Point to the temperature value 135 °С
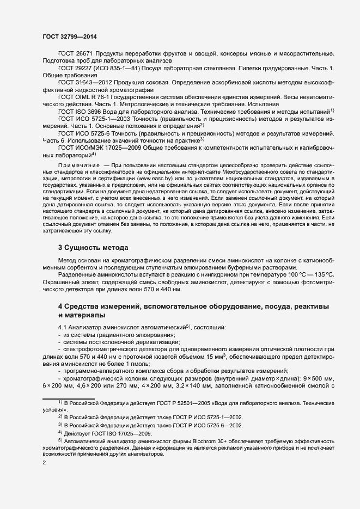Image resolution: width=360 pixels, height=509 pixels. click(x=336, y=275)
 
